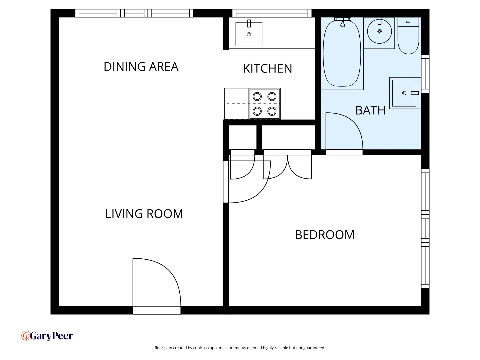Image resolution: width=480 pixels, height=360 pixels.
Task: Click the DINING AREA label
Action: pos(141,67)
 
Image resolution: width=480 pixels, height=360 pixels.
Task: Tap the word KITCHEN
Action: pos(267,69)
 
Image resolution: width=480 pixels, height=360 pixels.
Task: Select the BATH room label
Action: pos(370,110)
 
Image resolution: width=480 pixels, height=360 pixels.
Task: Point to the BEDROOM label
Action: pos(325,235)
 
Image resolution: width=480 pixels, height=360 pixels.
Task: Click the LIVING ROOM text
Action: pos(144,214)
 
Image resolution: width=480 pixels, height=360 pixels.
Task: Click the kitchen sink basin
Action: pos(249,34)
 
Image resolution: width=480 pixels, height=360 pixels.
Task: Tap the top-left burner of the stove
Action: pos(257,97)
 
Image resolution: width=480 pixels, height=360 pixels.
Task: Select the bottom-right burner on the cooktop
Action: pos(272,111)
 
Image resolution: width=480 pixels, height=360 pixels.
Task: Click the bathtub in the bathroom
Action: pos(342,53)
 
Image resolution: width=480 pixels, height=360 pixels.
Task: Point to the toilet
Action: pos(408,37)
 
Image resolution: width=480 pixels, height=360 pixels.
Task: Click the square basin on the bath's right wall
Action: pos(404,93)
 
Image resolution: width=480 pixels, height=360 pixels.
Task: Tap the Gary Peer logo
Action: pos(47,336)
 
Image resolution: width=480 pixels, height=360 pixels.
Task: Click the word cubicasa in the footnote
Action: pos(201,348)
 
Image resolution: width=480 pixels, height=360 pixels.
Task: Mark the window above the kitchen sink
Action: pos(272,13)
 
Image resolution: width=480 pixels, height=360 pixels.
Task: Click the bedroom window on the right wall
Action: pos(425,228)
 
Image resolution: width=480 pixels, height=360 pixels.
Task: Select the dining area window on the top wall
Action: pos(134,13)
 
